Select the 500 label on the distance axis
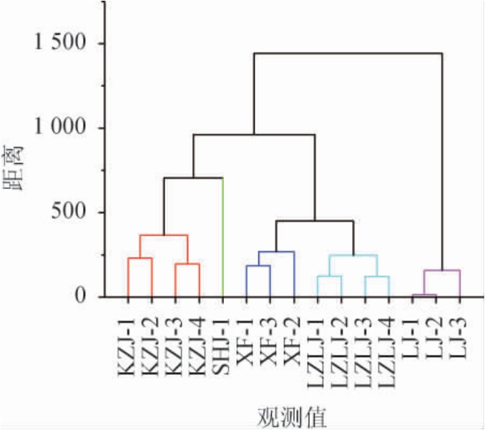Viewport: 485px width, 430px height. pos(70,212)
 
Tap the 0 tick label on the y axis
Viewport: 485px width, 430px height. pos(81,297)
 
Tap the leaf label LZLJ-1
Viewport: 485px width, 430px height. pos(318,353)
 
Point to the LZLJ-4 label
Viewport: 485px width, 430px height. pos(388,353)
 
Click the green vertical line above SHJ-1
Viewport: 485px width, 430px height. pos(223,236)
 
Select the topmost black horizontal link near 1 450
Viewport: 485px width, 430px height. pos(348,54)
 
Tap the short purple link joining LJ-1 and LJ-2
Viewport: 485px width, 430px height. pos(424,295)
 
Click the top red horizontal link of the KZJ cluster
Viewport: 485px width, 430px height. pos(164,235)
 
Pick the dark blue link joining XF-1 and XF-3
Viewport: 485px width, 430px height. pos(258,266)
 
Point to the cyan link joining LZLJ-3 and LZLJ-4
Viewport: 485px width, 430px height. pos(377,276)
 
